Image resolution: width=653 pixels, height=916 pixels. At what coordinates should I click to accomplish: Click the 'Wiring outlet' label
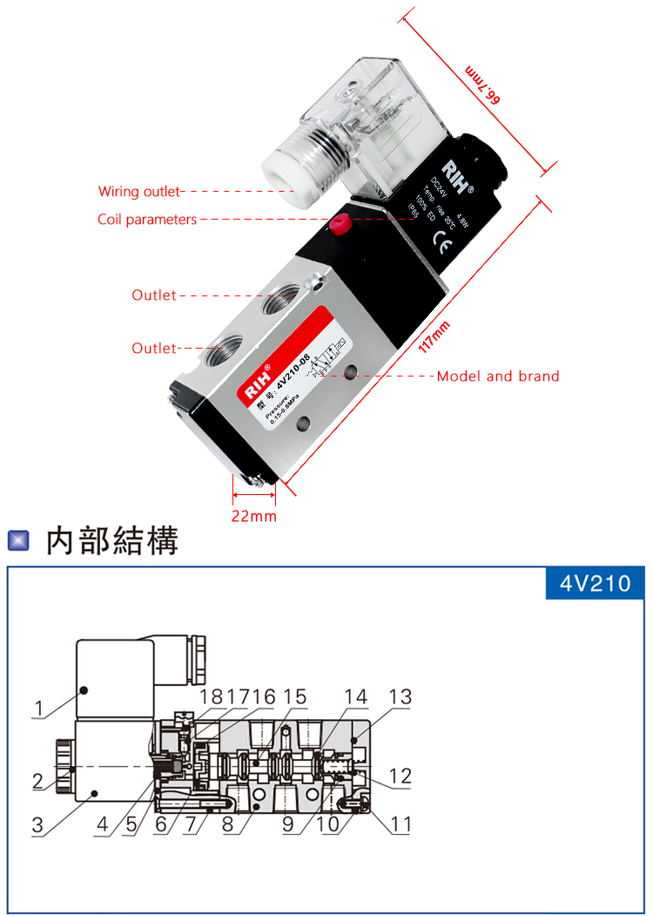(x=138, y=192)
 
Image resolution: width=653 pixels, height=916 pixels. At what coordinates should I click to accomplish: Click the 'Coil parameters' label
(x=147, y=220)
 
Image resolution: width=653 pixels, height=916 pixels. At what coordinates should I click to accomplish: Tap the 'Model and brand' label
(x=498, y=377)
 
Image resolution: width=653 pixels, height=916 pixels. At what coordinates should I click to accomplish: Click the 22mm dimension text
(x=253, y=517)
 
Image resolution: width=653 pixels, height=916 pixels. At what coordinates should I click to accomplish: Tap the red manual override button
(x=340, y=227)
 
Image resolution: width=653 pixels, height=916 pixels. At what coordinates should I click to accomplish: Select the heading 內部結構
(x=112, y=540)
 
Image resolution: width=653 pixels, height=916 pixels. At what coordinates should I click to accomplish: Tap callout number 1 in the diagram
(x=38, y=709)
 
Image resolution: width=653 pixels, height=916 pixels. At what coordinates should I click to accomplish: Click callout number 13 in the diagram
(x=401, y=697)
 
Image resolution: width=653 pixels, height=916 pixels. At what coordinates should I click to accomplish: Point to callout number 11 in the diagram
(x=401, y=823)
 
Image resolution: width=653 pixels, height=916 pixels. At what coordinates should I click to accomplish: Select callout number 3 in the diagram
(x=38, y=824)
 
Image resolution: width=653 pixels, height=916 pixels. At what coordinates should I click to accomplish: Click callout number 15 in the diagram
(x=294, y=697)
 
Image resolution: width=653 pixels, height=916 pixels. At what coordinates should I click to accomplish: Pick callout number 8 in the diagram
(x=229, y=823)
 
